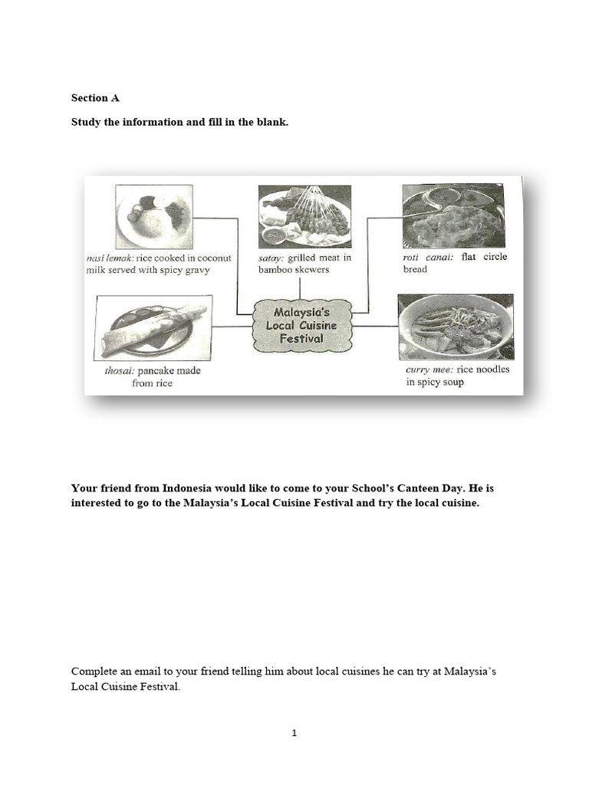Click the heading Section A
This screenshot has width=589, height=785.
[95, 98]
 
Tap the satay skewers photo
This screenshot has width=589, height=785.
[304, 216]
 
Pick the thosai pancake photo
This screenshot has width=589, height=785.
[153, 327]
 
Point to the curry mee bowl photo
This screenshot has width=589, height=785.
[456, 327]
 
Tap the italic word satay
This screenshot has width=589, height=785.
[271, 258]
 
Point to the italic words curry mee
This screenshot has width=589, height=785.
[429, 370]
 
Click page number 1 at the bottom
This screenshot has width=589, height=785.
[294, 733]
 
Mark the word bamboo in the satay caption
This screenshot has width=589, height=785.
[278, 271]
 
